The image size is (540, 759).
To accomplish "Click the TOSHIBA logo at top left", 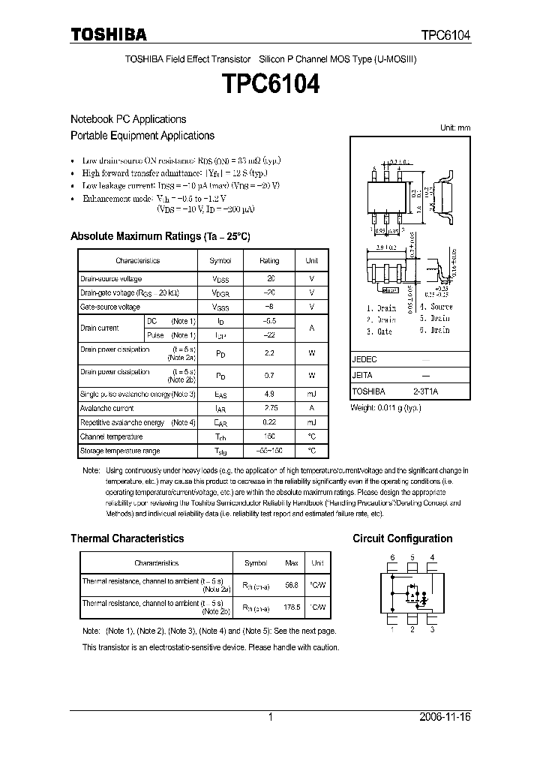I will coord(108,34).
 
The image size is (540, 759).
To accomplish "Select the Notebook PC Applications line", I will coord(128,119).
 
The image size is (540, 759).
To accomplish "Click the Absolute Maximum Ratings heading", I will coord(160,236).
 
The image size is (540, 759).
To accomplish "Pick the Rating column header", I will coord(268,261).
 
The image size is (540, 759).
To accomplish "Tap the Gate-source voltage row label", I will coord(110,307).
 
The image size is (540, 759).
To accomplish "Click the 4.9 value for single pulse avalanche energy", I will coord(268,394).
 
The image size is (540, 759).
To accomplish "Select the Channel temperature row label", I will coord(111,436).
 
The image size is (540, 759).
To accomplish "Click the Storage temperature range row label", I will coord(120,451).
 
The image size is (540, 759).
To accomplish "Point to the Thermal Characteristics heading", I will coord(127,538).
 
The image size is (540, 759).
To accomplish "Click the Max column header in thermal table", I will coord(292,562).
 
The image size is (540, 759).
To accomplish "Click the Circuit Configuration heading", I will coord(402,538).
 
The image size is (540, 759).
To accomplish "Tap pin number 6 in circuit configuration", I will coord(391,557).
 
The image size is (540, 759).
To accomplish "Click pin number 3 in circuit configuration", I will coord(432,630).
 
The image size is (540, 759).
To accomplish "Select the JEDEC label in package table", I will coord(364,359).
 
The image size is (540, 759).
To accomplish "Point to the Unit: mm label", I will coord(455,128).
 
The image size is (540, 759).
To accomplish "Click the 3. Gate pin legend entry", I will coord(379,331).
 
